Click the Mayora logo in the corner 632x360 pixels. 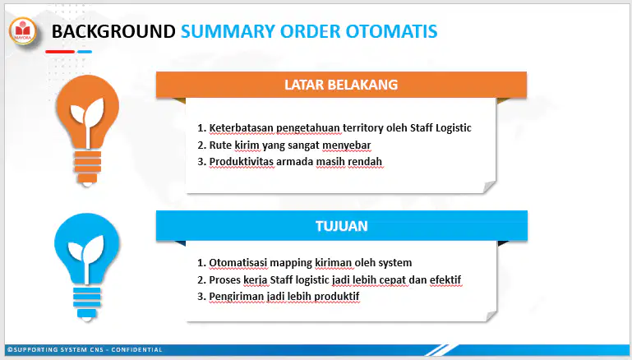pos(23,31)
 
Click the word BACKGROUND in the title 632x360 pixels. pos(113,31)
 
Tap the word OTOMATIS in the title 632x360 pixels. pos(391,31)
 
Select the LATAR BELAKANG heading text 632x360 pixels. pos(341,85)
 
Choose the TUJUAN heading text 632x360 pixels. pos(341,226)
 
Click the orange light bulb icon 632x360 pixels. pos(87,131)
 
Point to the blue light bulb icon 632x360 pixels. pos(87,267)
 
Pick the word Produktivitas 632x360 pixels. pos(241,162)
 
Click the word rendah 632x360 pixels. pos(365,162)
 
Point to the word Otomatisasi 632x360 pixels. pos(238,263)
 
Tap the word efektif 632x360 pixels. pos(445,279)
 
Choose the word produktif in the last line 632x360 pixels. pos(337,297)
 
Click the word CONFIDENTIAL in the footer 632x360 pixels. pos(136,349)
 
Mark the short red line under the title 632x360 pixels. pos(60,52)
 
